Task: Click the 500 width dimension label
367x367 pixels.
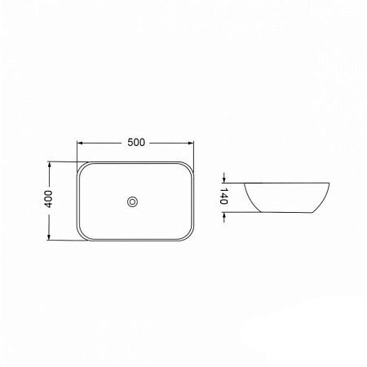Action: click(136, 142)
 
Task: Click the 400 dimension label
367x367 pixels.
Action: click(49, 199)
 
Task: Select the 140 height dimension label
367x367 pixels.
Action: click(223, 196)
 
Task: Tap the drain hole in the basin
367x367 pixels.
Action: click(132, 201)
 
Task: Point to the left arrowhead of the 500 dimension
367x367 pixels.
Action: click(80, 143)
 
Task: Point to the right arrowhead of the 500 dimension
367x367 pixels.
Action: click(191, 143)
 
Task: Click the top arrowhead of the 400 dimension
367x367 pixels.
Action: click(49, 165)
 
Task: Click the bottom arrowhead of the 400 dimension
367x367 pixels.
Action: click(49, 237)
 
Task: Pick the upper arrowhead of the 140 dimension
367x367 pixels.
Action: click(223, 179)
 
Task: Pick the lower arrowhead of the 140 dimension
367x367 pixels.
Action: click(223, 215)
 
